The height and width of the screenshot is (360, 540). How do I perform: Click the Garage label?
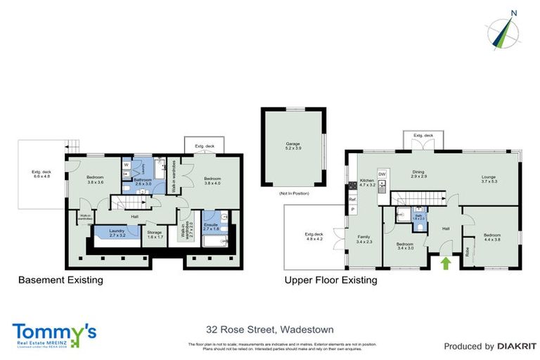(292, 143)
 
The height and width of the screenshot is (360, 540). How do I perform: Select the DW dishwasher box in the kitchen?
(382, 174)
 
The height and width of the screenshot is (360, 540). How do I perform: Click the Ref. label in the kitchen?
(353, 200)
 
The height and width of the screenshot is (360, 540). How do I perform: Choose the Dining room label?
(419, 174)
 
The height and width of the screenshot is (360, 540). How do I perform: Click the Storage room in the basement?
(155, 233)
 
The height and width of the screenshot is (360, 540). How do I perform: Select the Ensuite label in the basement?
(211, 226)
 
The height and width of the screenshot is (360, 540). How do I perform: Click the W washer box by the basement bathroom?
(126, 165)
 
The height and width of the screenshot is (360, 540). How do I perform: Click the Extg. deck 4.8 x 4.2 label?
(313, 236)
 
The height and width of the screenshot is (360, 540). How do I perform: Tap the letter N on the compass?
(514, 13)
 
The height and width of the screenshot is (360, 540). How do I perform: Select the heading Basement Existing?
(60, 280)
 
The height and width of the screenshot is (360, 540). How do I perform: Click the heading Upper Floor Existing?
(330, 280)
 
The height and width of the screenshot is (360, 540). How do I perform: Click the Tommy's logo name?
(53, 330)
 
